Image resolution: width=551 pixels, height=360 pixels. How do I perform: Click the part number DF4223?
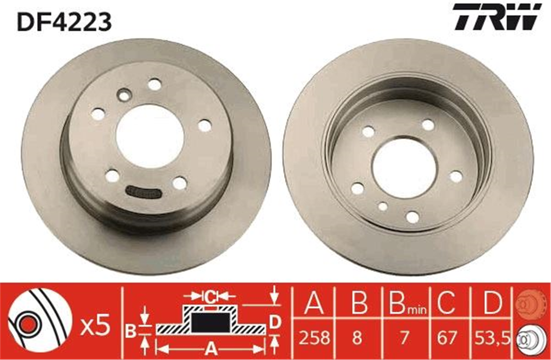pos(64,22)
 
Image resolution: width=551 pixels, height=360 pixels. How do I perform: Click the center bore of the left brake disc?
pos(150,137)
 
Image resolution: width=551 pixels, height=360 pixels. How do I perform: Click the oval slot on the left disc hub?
pos(143,191)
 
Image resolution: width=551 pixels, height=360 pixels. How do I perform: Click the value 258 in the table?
pos(315,337)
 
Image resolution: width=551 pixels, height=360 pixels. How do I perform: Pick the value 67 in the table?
pos(447,337)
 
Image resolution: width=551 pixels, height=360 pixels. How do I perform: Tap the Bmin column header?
pos(408,304)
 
